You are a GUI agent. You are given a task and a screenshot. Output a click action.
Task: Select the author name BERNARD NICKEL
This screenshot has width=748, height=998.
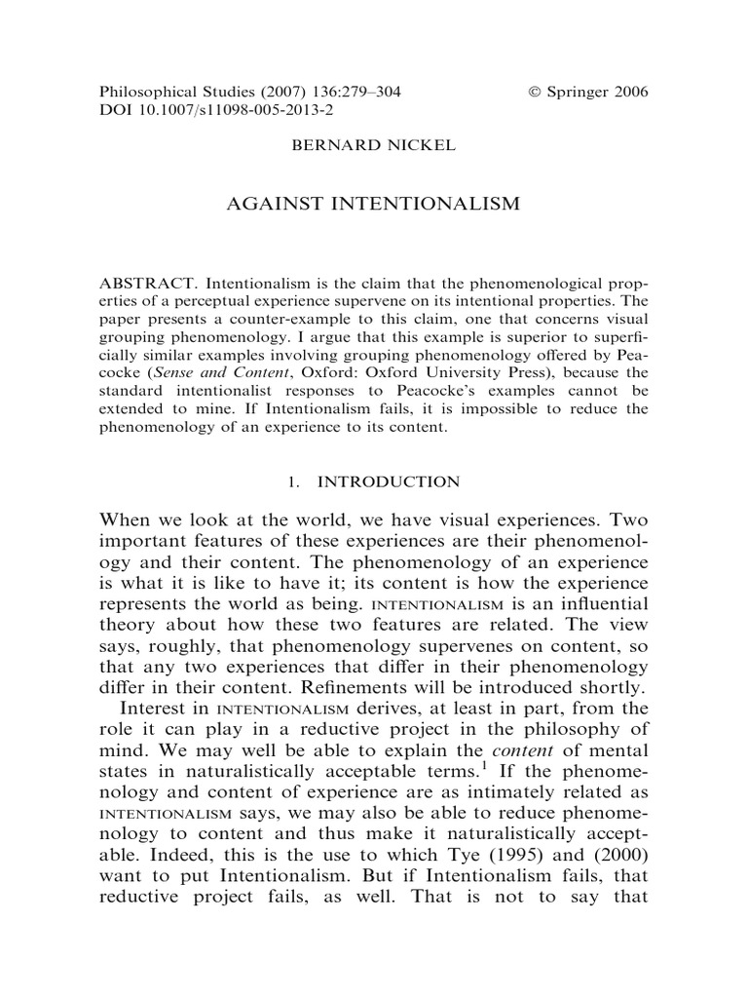[374, 151]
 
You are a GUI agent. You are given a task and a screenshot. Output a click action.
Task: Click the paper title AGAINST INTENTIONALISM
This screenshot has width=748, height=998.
[374, 205]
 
